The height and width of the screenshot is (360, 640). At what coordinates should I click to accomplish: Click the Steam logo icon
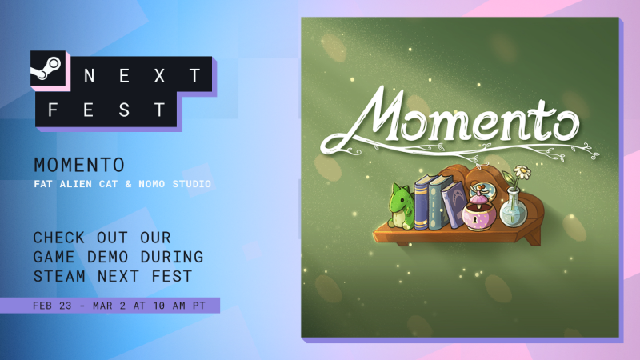click(x=46, y=68)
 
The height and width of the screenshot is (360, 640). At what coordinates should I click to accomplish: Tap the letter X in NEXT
click(x=159, y=75)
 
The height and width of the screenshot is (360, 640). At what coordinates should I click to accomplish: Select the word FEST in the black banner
click(x=106, y=110)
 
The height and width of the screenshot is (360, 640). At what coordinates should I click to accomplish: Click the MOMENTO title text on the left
click(x=79, y=166)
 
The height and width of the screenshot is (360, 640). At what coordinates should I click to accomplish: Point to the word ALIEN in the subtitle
click(x=76, y=184)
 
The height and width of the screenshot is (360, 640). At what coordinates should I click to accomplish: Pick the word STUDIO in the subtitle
click(x=192, y=184)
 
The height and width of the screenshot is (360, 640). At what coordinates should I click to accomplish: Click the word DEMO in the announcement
click(x=108, y=257)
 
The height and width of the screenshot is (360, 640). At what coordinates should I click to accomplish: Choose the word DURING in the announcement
click(x=172, y=257)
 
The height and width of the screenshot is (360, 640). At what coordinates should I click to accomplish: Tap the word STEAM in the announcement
click(x=59, y=276)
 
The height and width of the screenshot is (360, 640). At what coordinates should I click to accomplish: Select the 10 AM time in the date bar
click(x=169, y=306)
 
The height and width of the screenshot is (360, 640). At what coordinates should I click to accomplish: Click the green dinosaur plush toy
click(x=401, y=206)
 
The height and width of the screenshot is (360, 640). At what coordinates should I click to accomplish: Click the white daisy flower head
click(x=522, y=172)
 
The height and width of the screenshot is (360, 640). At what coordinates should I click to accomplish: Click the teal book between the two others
click(x=440, y=202)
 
